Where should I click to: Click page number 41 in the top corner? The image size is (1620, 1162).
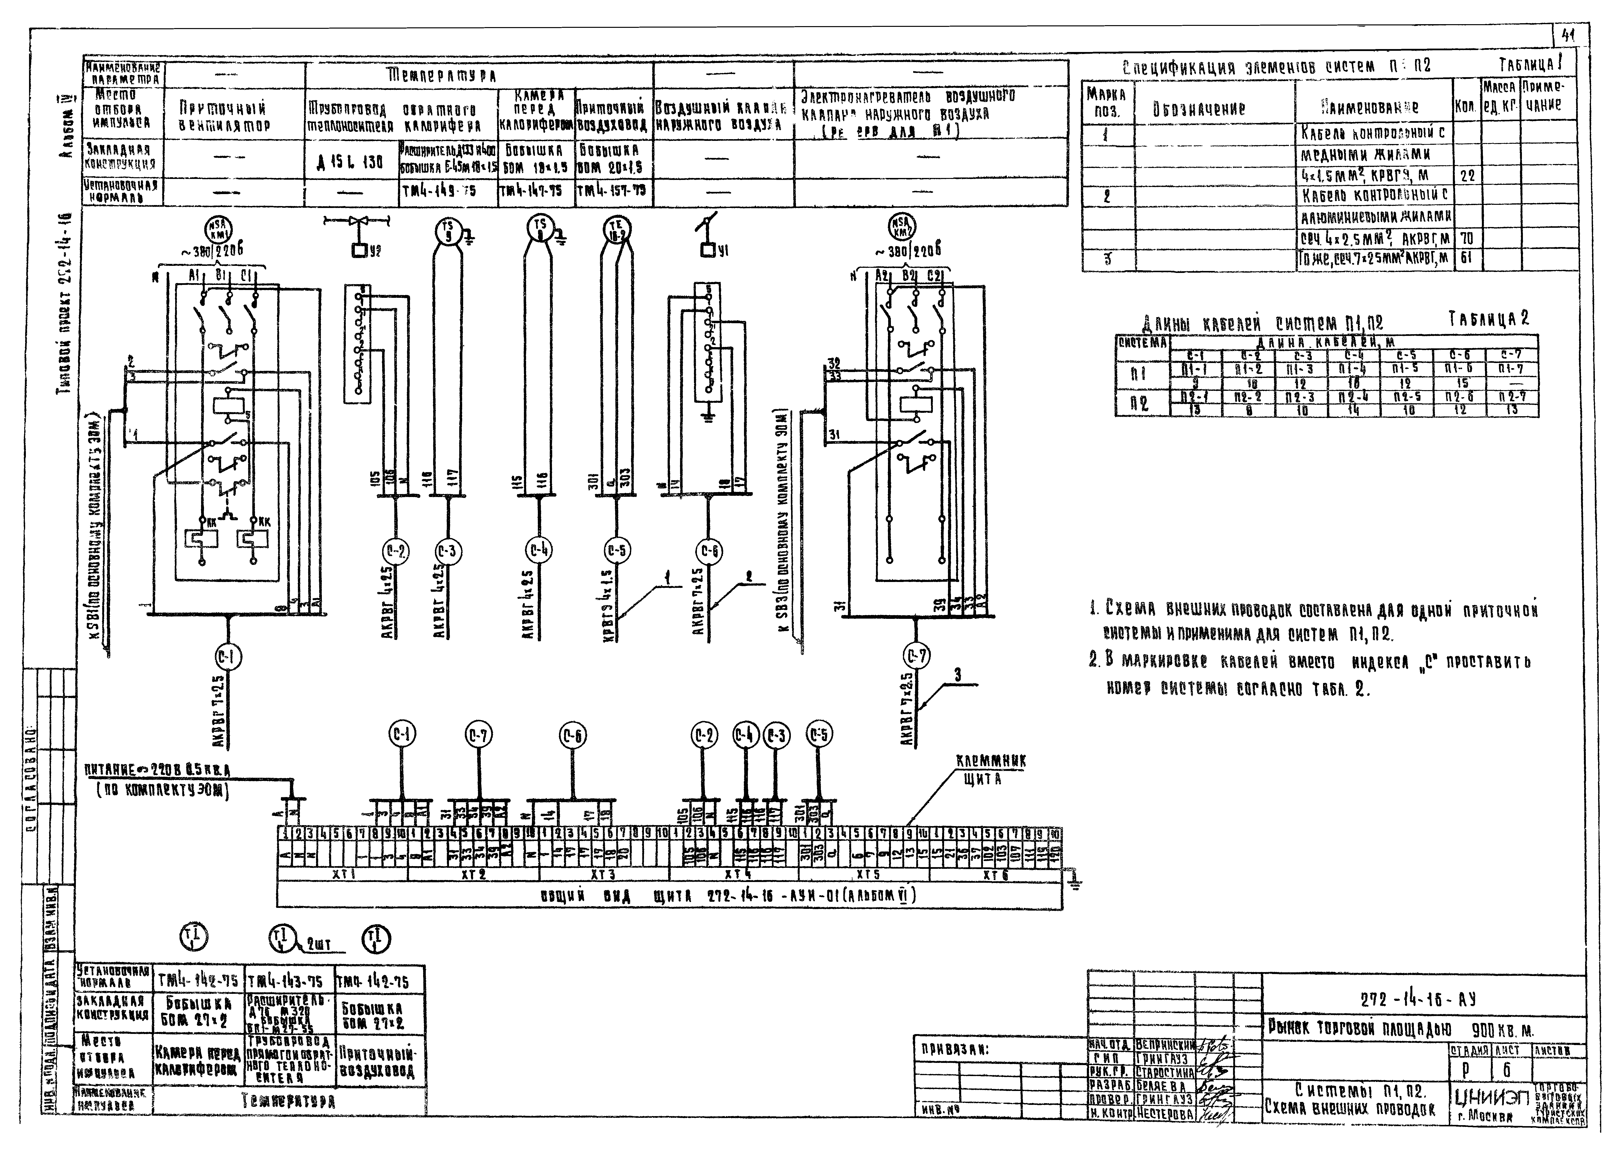click(1569, 36)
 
